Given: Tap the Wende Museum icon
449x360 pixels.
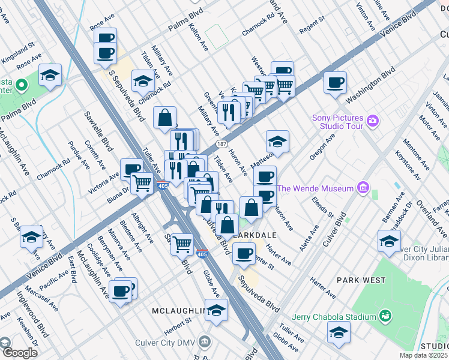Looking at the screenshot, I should (x=363, y=188).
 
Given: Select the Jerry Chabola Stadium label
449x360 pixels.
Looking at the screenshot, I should (x=334, y=316).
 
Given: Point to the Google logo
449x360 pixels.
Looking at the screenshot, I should (x=19, y=352).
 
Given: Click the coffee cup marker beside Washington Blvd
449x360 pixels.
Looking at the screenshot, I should (x=335, y=82).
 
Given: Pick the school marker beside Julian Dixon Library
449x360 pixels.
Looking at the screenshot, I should (x=389, y=241).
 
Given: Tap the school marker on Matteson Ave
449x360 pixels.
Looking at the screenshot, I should (x=277, y=142).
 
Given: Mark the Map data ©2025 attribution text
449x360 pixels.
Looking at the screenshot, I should (x=424, y=355).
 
